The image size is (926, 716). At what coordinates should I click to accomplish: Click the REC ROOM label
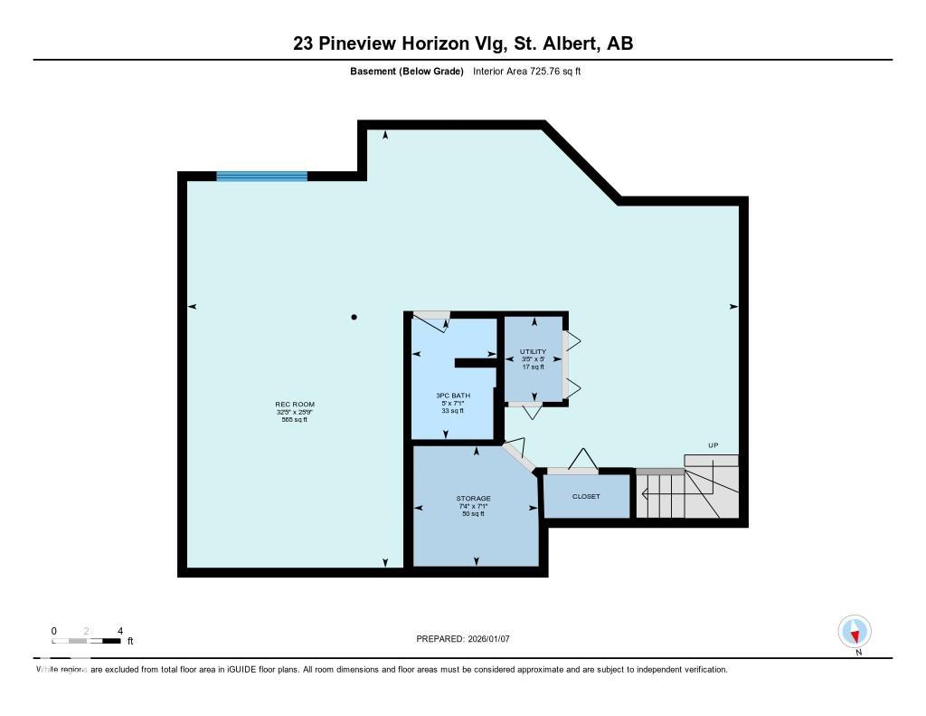pyautogui.click(x=295, y=404)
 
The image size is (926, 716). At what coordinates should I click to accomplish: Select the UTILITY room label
pyautogui.click(x=533, y=351)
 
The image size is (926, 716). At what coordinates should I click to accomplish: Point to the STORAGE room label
pyautogui.click(x=473, y=499)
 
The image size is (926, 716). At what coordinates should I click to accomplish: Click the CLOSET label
pyautogui.click(x=586, y=497)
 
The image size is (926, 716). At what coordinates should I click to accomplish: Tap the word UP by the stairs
pyautogui.click(x=713, y=445)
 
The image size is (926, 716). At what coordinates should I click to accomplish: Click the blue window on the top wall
pyautogui.click(x=261, y=177)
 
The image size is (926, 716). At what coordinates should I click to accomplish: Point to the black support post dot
pyautogui.click(x=354, y=317)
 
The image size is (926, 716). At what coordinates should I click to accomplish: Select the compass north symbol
pyautogui.click(x=855, y=631)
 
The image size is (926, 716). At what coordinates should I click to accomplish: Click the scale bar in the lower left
pyautogui.click(x=87, y=641)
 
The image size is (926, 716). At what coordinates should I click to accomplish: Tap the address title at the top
pyautogui.click(x=462, y=43)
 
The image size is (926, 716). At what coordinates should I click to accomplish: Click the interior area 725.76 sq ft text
pyautogui.click(x=526, y=72)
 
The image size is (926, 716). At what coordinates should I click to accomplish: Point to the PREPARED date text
pyautogui.click(x=463, y=639)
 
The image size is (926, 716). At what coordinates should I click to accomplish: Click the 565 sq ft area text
pyautogui.click(x=295, y=420)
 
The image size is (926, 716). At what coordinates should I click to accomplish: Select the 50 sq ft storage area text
pyautogui.click(x=473, y=514)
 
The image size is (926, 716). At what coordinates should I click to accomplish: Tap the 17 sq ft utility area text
pyautogui.click(x=533, y=367)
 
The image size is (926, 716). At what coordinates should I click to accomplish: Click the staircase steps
pyautogui.click(x=669, y=497)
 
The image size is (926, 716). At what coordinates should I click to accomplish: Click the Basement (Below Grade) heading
pyautogui.click(x=407, y=72)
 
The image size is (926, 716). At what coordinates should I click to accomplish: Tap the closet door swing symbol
pyautogui.click(x=579, y=459)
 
